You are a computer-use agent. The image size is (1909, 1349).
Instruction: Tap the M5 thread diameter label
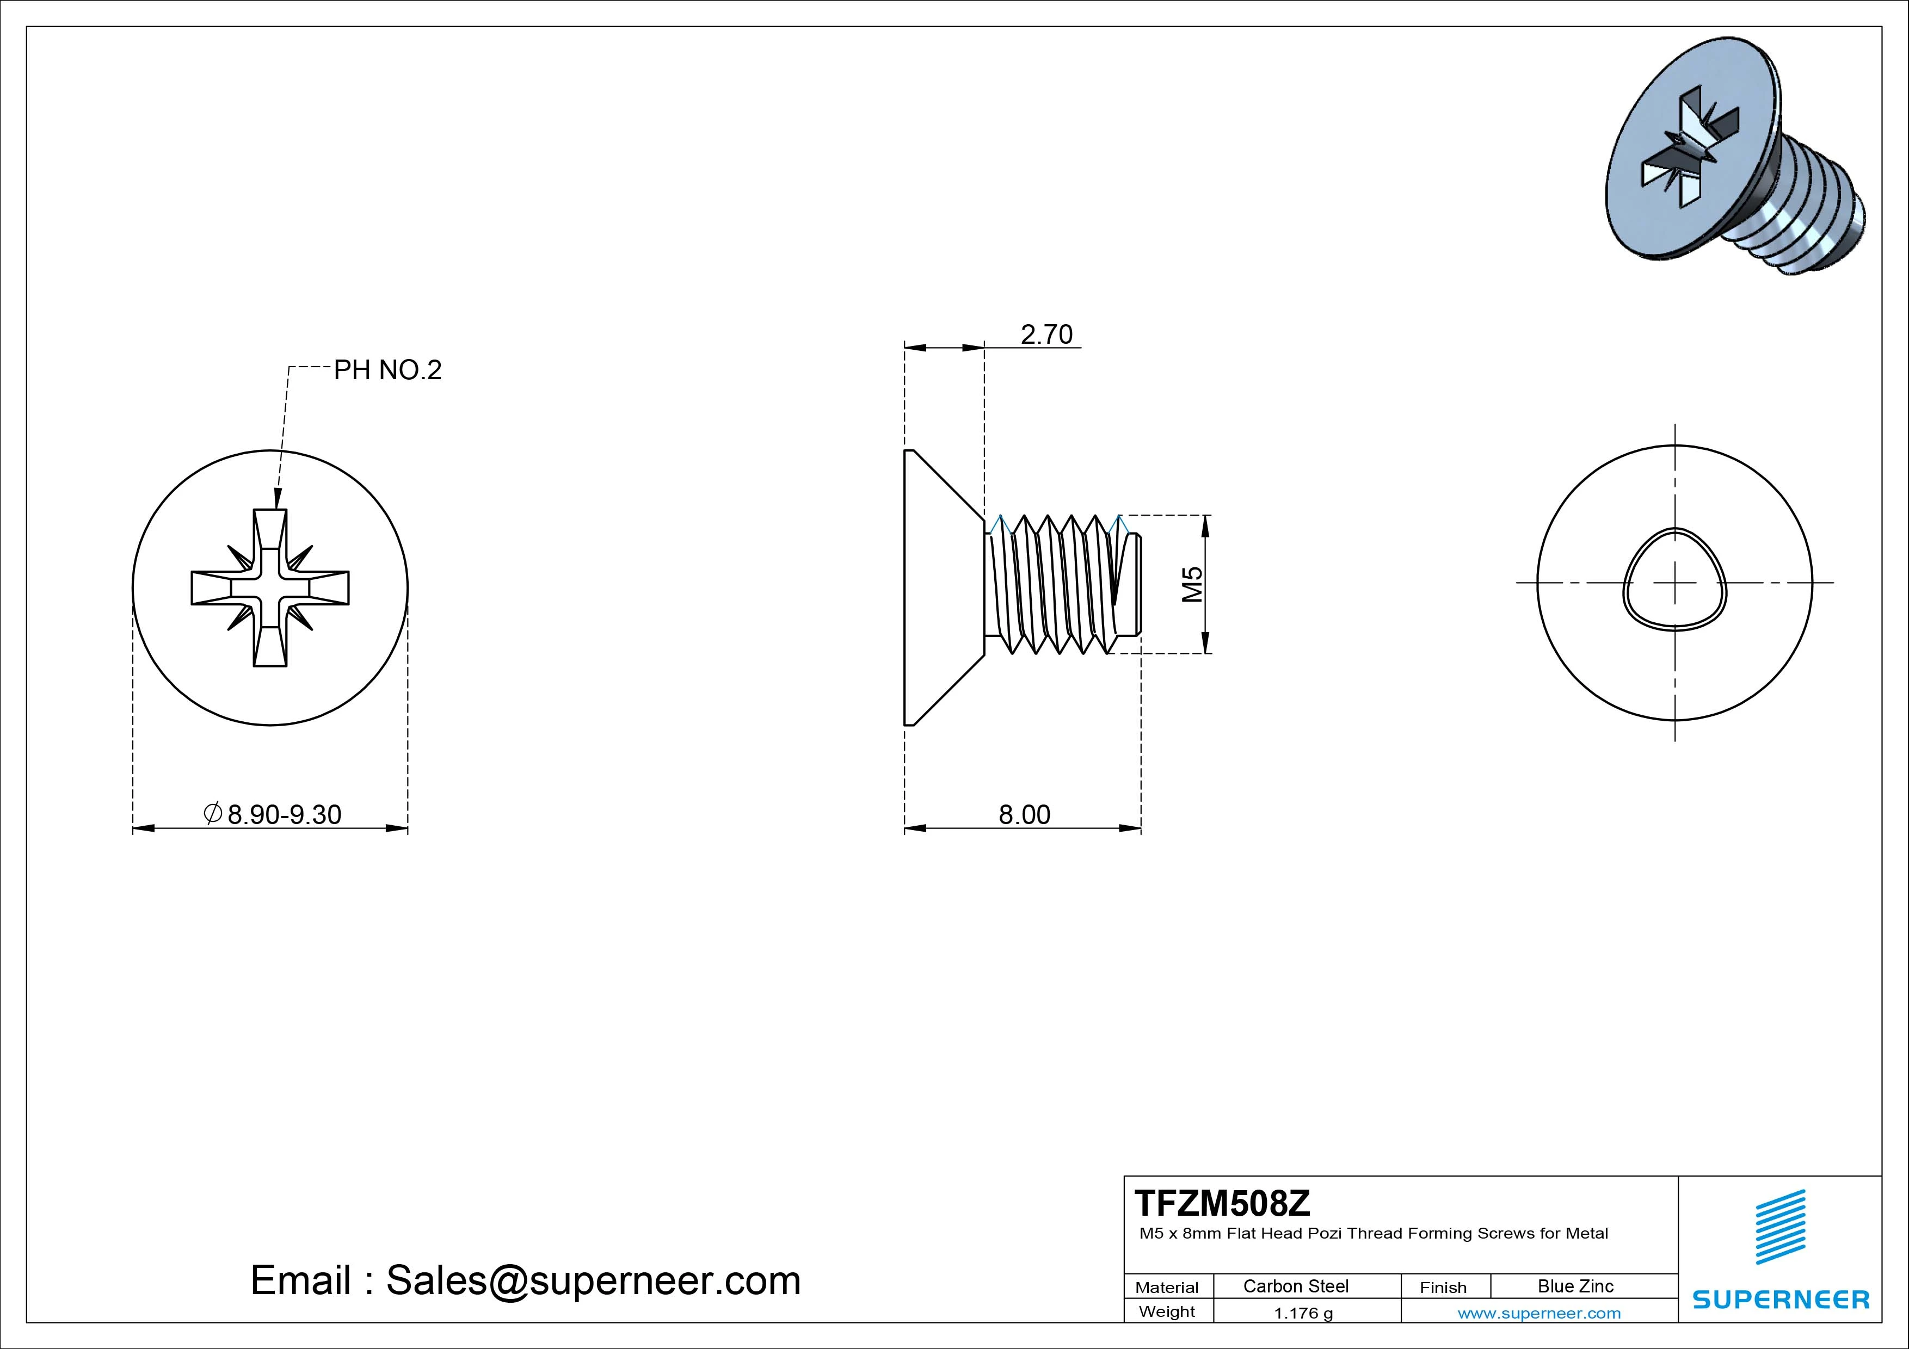point(1192,584)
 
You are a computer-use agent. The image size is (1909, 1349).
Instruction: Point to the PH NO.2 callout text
point(387,370)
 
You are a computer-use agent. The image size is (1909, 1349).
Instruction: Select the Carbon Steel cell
point(1295,1286)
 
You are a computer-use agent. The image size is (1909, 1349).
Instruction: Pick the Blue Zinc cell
point(1575,1286)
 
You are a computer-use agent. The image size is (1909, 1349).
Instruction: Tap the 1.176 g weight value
point(1303,1313)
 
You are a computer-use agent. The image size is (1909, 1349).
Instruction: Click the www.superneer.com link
point(1539,1313)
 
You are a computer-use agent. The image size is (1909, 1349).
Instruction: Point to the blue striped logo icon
point(1780,1227)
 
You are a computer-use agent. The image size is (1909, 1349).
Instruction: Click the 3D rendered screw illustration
point(1734,158)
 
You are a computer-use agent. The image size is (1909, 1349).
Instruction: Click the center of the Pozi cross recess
point(270,587)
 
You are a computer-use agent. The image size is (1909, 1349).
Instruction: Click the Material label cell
point(1167,1288)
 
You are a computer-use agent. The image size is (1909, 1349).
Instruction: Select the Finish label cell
point(1443,1288)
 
